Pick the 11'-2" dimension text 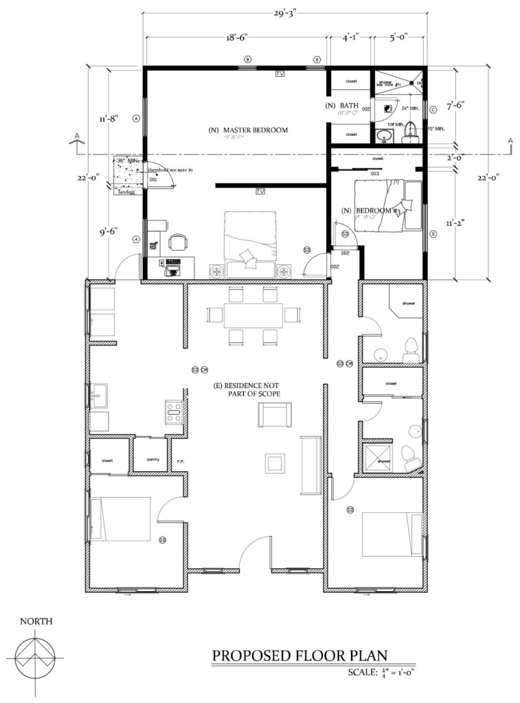coord(454,223)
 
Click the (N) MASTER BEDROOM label coord(248,130)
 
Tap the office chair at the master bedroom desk coord(177,242)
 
